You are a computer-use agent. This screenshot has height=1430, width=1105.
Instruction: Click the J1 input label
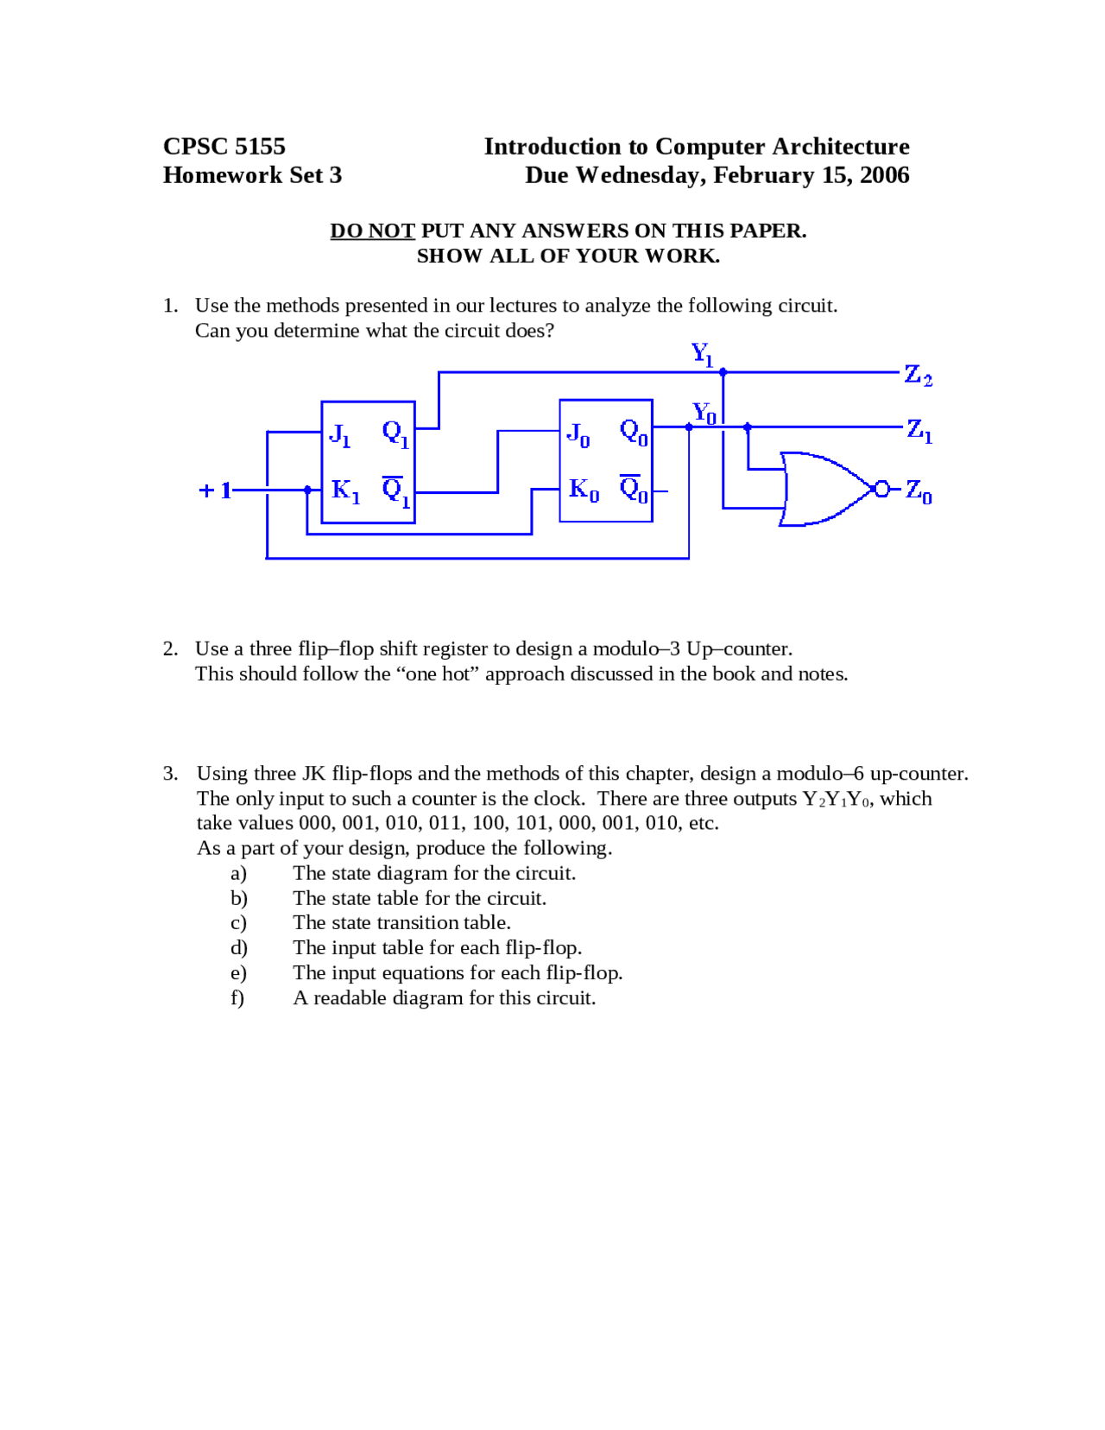(340, 434)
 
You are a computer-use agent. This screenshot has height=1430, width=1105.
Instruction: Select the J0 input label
(578, 433)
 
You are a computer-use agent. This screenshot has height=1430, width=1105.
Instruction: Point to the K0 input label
(584, 490)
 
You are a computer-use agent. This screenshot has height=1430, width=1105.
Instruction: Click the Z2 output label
(918, 376)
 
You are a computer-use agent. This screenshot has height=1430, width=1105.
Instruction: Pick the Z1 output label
(919, 430)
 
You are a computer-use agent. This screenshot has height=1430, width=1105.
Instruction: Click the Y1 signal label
(702, 354)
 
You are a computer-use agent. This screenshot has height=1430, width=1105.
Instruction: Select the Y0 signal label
(704, 414)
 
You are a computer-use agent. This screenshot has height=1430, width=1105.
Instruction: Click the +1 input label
(215, 490)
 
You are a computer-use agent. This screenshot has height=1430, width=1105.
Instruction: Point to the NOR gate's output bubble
(881, 490)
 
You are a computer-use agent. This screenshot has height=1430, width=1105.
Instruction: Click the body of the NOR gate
(820, 489)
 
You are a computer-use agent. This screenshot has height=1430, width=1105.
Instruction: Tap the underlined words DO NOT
(372, 231)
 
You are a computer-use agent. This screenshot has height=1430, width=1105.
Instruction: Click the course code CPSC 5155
(224, 147)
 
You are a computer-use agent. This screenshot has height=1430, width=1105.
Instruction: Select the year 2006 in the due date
(884, 175)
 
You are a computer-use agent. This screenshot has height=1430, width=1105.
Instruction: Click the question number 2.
(170, 649)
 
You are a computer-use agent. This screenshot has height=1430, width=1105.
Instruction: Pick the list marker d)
(238, 948)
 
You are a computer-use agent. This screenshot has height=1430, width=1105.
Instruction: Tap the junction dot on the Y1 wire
(723, 372)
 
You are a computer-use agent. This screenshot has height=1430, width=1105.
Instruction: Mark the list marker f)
(237, 998)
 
